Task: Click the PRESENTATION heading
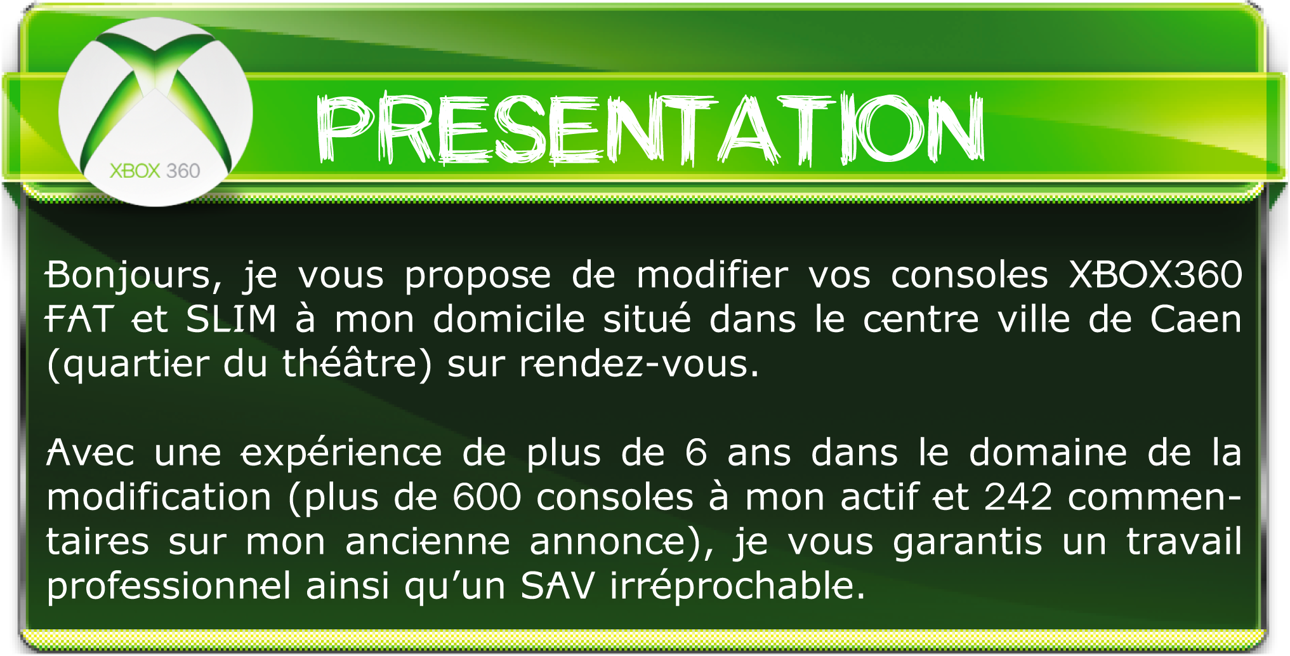coord(650,129)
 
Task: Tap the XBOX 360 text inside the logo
coord(155,171)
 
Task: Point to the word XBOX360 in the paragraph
coord(1155,275)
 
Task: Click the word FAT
coord(80,319)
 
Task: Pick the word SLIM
coord(231,319)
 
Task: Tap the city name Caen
coord(1196,319)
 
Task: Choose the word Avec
coord(90,453)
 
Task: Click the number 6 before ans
coord(696,453)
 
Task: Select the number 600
coord(487,497)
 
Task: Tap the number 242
coord(1018,497)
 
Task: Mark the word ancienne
coord(428,542)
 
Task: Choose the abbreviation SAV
coord(558,586)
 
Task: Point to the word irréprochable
coord(738,587)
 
